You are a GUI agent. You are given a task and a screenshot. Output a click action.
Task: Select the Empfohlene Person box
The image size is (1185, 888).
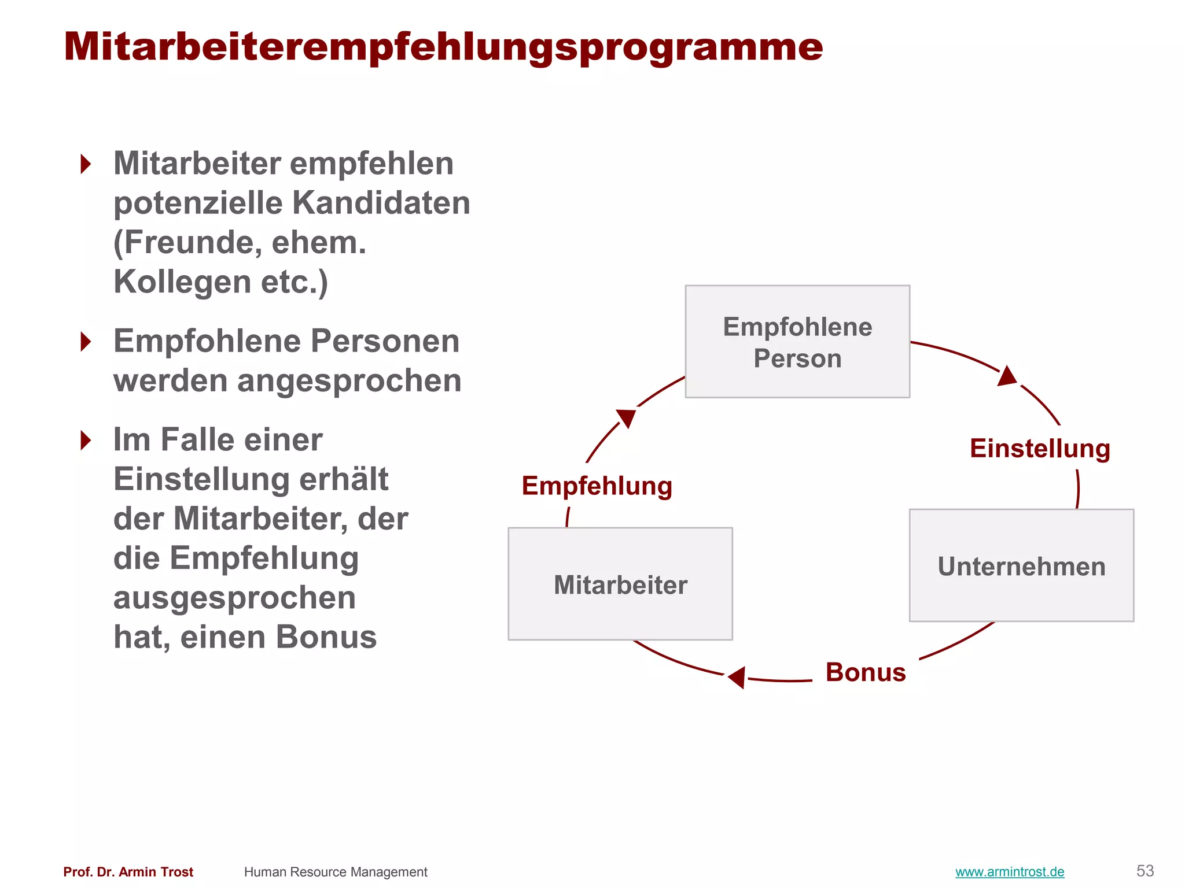pos(797,342)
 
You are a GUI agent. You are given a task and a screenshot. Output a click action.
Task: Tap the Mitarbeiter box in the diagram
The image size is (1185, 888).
pos(620,584)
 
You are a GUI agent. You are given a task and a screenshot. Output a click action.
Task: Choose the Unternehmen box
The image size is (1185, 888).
pos(1021,565)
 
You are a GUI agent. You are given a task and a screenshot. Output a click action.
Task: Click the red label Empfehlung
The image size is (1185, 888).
pos(597,486)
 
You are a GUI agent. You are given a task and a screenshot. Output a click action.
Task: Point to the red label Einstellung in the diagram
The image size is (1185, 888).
pos(1040,449)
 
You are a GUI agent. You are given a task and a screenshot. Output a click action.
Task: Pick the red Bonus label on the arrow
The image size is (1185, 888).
pos(866,672)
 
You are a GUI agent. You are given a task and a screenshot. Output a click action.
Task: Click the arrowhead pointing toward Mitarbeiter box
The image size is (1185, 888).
pos(737,677)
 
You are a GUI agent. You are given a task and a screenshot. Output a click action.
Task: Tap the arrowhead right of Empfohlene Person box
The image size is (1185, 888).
pos(1007,376)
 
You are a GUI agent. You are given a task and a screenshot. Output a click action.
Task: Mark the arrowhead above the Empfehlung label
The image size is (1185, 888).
pos(627,417)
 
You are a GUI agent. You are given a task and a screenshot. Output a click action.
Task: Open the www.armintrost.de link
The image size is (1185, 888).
pos(1010,872)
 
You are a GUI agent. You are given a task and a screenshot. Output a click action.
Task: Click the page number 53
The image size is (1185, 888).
pos(1145,871)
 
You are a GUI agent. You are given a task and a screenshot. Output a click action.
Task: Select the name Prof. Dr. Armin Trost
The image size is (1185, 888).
pos(128,872)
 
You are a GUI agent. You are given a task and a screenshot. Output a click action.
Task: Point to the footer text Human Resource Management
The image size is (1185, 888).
pos(336,872)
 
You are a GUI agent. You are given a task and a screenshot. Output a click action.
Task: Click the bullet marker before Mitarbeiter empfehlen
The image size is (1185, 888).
pos(86,164)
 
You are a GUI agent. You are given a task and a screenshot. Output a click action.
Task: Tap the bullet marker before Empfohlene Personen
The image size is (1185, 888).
pos(86,342)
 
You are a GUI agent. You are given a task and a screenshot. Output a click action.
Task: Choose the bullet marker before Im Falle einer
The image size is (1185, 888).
pos(86,441)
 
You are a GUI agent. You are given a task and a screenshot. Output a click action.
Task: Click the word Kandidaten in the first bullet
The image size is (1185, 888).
pos(381,203)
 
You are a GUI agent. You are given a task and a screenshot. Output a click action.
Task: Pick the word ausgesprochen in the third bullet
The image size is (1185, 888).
pos(234,598)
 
